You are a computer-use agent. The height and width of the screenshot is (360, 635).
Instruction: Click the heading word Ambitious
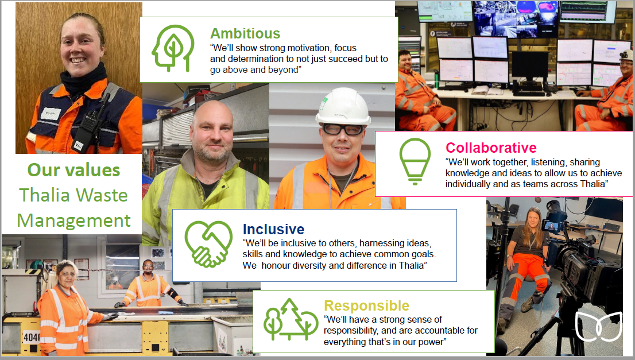coord(245,33)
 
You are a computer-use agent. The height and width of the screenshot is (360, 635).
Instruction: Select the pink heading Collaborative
coord(491,148)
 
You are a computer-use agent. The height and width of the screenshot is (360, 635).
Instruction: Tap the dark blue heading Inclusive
coord(273,229)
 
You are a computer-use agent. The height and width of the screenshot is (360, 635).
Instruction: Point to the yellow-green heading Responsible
coord(366,305)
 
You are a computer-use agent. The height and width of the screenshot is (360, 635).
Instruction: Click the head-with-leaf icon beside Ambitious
coord(173,48)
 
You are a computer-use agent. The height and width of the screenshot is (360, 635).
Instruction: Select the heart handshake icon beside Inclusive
coord(208,244)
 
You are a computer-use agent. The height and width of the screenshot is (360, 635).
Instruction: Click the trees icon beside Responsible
coord(291,319)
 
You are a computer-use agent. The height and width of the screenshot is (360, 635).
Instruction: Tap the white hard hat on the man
coord(343,106)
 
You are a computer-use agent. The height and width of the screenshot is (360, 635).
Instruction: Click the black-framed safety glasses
coord(342,130)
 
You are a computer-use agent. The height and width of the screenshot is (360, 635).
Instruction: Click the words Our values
coord(73,170)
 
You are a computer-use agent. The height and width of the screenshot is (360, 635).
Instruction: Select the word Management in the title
coord(73,220)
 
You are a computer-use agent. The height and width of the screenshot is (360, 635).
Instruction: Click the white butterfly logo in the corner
coord(599,326)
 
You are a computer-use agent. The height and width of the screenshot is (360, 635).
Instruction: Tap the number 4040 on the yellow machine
coord(32,337)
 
